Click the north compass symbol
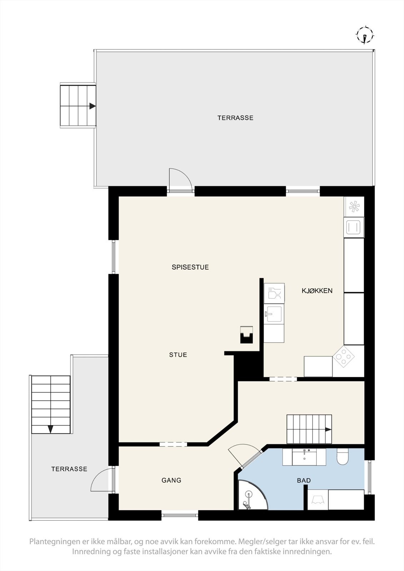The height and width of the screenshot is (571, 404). coord(365,35)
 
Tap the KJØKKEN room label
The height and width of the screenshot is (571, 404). coord(317,290)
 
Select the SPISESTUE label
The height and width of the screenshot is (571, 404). coord(190,267)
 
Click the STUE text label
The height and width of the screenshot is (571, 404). coord(178,355)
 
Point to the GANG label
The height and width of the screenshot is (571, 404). coord(171,480)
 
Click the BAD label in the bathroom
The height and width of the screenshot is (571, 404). coord(304,480)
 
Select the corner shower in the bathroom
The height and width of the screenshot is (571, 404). coord(250,496)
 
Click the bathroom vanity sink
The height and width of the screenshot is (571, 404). coord(304,457)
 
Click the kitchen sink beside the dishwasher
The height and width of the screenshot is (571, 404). coord(274,314)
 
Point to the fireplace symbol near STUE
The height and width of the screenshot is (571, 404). coord(246,334)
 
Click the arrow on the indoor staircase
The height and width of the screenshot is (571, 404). coord(328,430)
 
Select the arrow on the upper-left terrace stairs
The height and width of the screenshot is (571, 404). coord(93,106)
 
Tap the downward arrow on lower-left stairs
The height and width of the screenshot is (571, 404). coord(51,429)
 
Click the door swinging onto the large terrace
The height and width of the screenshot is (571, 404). coord(180,180)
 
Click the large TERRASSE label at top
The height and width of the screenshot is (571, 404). coord(235,117)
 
